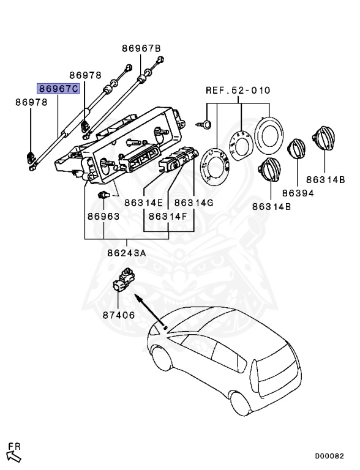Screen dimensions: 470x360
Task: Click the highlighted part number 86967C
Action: [x=58, y=89]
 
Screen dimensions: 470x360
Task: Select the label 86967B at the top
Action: [x=141, y=48]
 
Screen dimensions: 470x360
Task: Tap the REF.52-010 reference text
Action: [x=238, y=91]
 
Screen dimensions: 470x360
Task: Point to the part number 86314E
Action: [x=143, y=202]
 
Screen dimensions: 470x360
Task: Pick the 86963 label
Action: [x=103, y=216]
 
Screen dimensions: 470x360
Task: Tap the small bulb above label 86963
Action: [x=103, y=195]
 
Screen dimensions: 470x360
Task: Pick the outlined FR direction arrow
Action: [x=13, y=455]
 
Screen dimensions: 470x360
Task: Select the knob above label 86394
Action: [x=297, y=149]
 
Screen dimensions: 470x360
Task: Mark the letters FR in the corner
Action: [x=13, y=445]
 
